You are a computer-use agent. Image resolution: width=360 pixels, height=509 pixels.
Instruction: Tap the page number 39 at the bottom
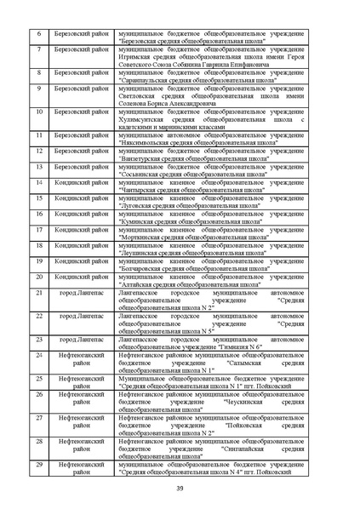(x=180, y=487)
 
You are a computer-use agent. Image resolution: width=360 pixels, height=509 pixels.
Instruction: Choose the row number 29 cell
(x=39, y=463)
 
